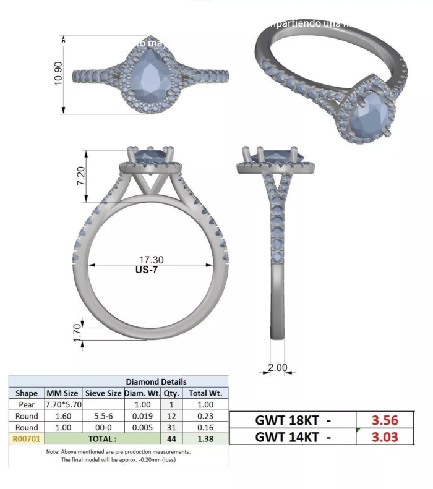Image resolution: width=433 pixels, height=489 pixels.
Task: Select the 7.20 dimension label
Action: coord(80,176)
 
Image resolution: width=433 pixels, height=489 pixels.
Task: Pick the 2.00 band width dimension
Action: coord(278,367)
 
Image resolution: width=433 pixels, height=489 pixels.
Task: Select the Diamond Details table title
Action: coord(156,381)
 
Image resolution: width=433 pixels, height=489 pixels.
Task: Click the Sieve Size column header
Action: coord(103,393)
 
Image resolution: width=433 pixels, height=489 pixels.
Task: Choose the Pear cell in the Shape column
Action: coord(27,404)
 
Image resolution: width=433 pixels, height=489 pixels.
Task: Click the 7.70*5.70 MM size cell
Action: coord(64,404)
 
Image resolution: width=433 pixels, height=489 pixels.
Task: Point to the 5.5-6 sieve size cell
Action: coord(103,416)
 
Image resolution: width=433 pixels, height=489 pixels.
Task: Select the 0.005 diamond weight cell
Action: coord(142,427)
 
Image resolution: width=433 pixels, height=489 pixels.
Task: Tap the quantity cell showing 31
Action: coord(171,427)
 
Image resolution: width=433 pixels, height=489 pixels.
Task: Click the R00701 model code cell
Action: coord(27,439)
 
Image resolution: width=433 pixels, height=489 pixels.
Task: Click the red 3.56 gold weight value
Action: coord(385,420)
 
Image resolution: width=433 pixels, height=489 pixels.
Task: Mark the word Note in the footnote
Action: coord(54,451)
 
